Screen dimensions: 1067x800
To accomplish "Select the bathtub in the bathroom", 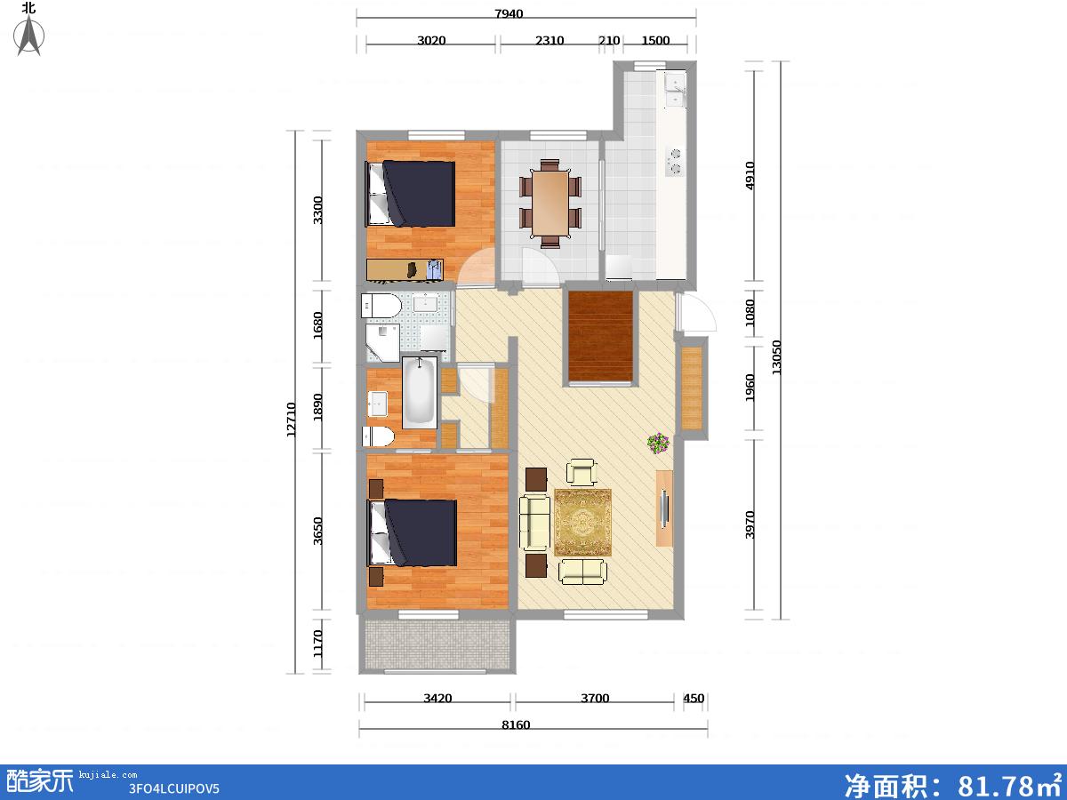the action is [x=419, y=392].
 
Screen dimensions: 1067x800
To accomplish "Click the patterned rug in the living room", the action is [x=582, y=522].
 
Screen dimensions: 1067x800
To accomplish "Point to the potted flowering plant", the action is [x=658, y=443].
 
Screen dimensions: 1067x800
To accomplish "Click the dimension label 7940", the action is [x=509, y=13].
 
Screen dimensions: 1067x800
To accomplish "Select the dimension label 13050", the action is [x=776, y=357].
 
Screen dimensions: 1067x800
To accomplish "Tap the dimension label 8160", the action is [x=516, y=725].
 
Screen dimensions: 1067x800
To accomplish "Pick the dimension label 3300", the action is [x=317, y=210].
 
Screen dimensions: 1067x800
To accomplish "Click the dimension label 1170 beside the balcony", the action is [x=317, y=643].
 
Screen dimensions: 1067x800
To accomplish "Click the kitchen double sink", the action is [x=676, y=90].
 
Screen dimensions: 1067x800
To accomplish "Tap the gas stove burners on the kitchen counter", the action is [x=675, y=162].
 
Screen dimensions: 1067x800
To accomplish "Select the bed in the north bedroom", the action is [x=410, y=194].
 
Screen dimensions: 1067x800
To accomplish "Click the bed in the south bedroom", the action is [x=412, y=532].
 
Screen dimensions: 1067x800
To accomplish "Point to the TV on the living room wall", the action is [x=664, y=508].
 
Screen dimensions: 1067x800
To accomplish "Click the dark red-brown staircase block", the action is [x=601, y=336].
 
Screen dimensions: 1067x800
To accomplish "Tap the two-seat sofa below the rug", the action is [x=582, y=572].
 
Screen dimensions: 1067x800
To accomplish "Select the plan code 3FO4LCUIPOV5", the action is [x=173, y=788].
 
